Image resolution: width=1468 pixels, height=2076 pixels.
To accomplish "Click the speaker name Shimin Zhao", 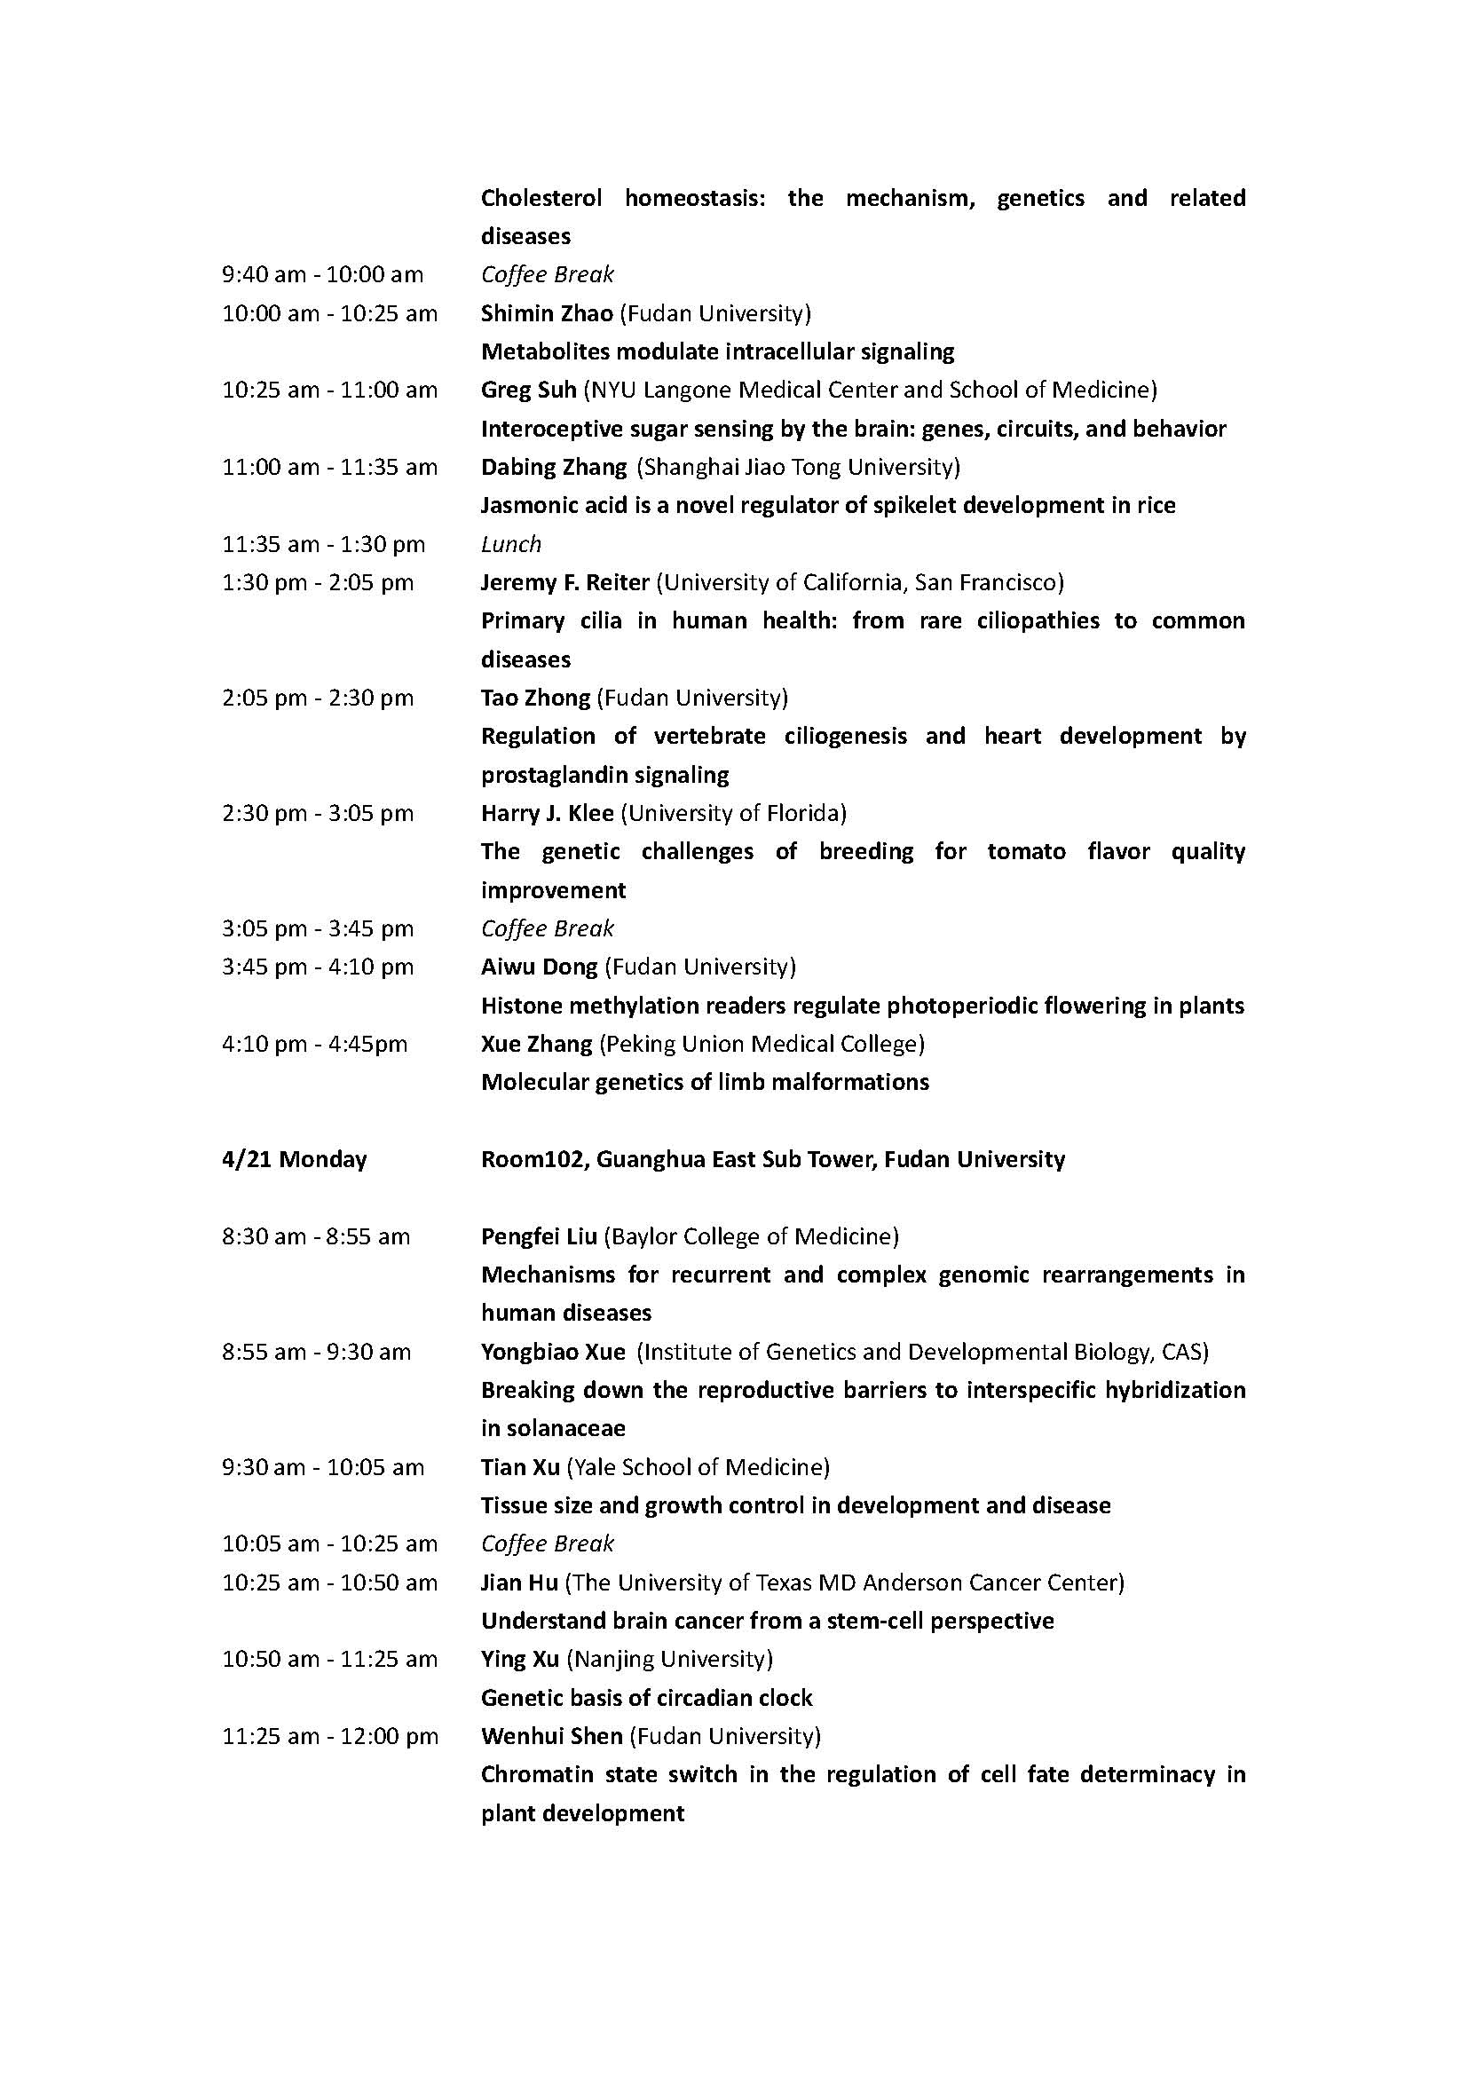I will coord(546,313).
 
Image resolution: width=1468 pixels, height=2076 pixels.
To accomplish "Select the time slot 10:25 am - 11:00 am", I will coord(329,391).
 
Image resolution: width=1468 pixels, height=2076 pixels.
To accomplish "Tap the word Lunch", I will coord(510,544).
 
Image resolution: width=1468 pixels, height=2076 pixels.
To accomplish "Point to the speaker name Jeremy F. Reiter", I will coord(565,582).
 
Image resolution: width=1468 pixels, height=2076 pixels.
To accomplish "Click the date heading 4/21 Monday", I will coord(294,1159).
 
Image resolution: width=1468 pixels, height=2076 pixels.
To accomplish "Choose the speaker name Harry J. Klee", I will coord(547,813).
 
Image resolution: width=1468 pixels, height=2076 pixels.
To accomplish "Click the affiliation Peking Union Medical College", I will coord(762,1044).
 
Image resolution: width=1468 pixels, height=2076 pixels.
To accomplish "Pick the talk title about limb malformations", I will coord(704,1082).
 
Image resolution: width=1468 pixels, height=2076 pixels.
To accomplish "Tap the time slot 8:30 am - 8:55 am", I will coord(315,1236).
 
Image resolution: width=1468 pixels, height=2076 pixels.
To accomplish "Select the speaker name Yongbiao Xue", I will coord(552,1352).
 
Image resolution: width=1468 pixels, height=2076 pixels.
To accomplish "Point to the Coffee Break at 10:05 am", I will coord(547,1543).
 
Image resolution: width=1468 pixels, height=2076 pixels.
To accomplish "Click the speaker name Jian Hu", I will coord(518,1583).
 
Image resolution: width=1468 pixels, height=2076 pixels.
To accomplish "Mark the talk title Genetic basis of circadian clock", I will coord(646,1698).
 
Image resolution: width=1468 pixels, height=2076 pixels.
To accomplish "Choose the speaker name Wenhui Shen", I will coord(551,1736).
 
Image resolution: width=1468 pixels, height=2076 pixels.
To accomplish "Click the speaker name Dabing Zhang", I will coord(553,468).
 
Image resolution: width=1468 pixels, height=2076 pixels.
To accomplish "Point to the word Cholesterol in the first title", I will coord(541,198).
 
